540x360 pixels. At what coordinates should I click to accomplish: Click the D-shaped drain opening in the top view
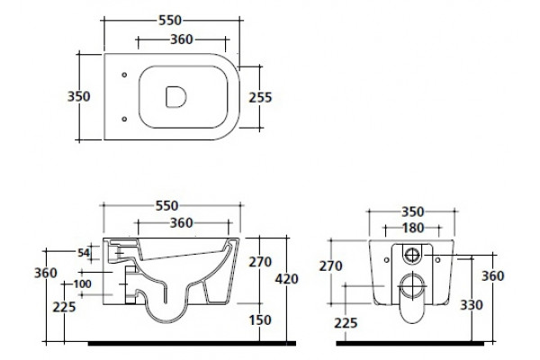(175, 97)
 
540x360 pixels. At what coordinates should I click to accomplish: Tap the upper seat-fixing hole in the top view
(124, 75)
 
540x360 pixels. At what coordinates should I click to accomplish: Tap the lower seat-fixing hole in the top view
(124, 119)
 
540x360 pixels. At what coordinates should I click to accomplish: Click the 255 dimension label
(260, 97)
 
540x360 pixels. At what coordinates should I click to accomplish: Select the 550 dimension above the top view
(170, 21)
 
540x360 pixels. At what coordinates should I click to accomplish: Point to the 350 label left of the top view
(79, 96)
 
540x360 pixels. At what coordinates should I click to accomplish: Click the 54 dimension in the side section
(84, 253)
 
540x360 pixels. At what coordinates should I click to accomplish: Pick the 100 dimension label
(82, 284)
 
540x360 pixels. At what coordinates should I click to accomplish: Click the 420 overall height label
(286, 279)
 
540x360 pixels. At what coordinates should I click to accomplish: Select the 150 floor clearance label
(260, 320)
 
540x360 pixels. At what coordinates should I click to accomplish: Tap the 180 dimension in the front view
(413, 228)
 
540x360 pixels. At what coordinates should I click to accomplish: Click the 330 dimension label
(472, 305)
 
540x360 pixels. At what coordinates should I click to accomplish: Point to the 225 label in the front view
(346, 323)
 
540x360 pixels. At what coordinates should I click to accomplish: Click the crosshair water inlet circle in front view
(411, 256)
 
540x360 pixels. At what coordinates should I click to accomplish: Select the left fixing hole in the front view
(386, 260)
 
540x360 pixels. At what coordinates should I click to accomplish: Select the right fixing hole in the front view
(437, 260)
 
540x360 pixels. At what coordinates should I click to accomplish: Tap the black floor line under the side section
(192, 344)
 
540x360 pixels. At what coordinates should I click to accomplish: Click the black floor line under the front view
(409, 344)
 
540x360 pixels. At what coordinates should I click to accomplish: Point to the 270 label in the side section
(260, 262)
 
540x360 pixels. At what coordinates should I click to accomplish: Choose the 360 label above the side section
(182, 223)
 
